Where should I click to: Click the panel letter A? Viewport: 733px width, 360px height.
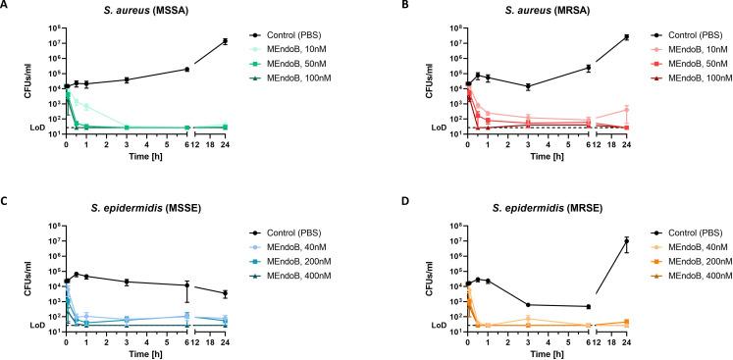point(5,6)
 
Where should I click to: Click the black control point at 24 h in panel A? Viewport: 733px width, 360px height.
point(225,41)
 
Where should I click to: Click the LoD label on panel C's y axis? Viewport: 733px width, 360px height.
point(33,324)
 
